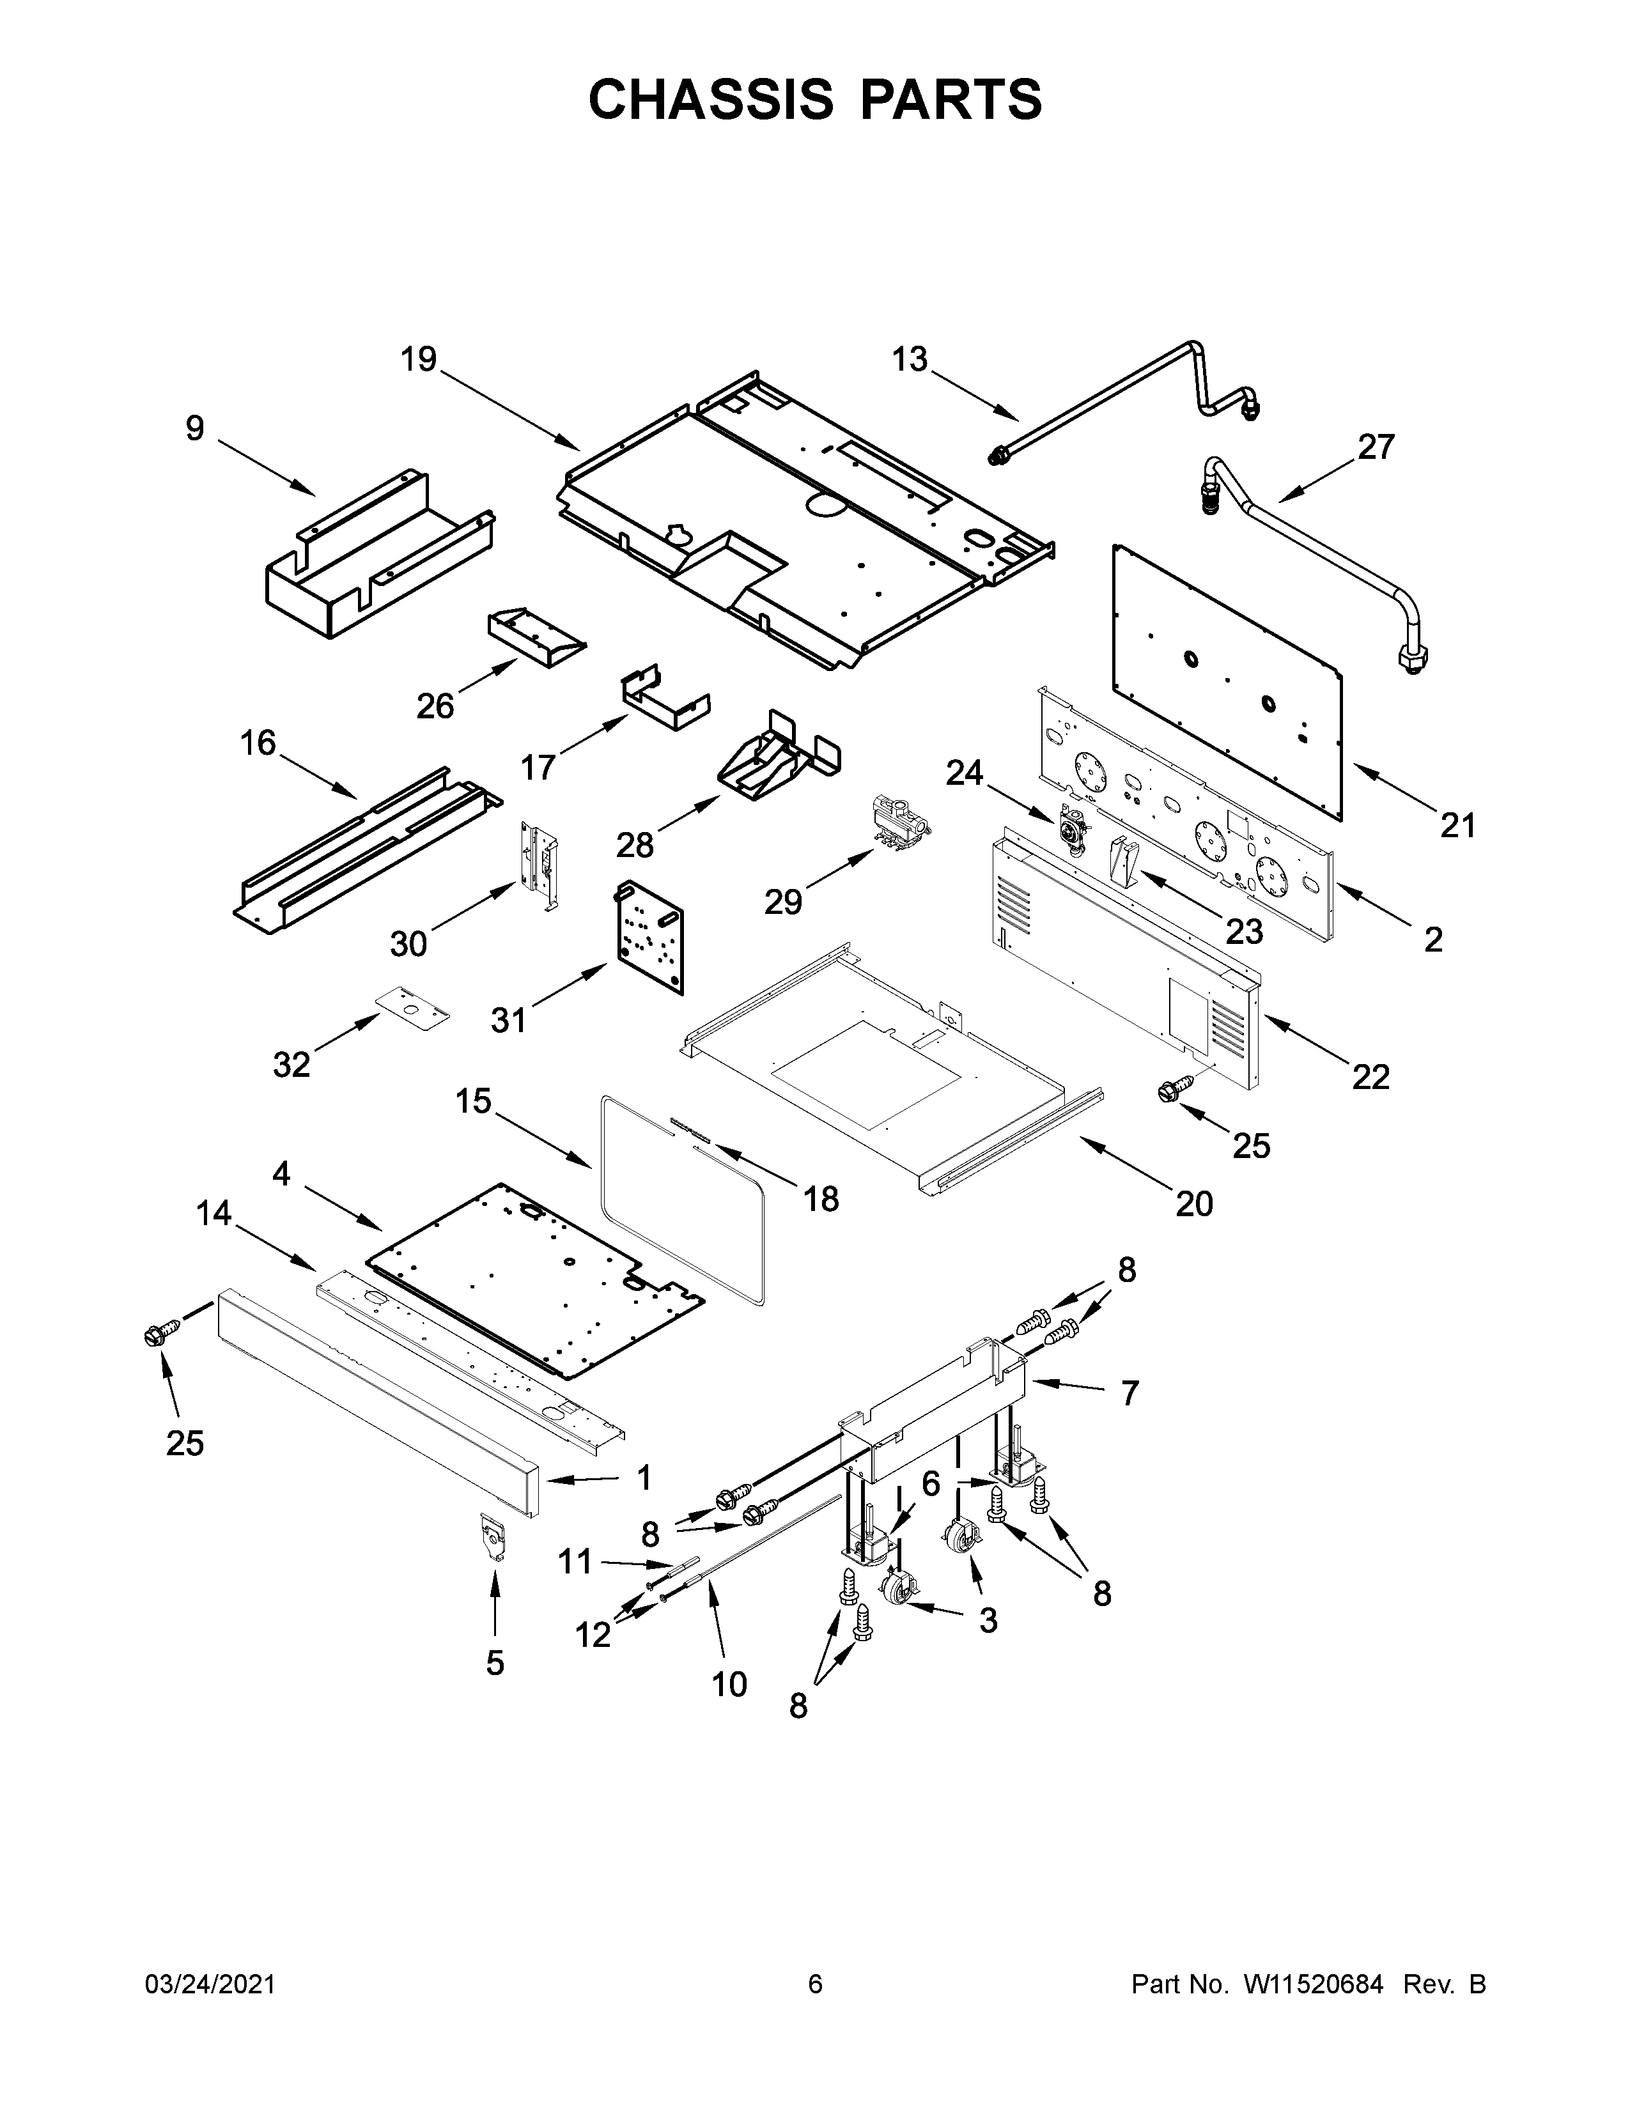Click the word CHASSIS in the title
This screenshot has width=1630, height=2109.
(x=710, y=100)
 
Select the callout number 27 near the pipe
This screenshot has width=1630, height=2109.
(x=1376, y=447)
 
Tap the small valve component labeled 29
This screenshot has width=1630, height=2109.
(x=898, y=821)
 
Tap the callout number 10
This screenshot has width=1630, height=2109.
(x=729, y=1683)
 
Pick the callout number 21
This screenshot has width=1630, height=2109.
(x=1458, y=826)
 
